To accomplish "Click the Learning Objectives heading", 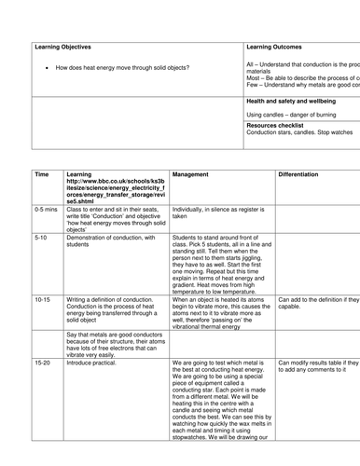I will click(x=56, y=45).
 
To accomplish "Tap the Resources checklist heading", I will click(x=282, y=124).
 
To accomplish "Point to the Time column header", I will click(x=42, y=173).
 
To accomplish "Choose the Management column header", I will click(x=197, y=173).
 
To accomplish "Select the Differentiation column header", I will click(x=304, y=173).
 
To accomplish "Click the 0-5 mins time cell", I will click(x=46, y=210).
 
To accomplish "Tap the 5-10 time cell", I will click(x=40, y=238).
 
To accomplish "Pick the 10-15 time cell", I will click(x=42, y=299).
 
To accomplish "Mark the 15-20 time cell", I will click(x=42, y=359).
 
